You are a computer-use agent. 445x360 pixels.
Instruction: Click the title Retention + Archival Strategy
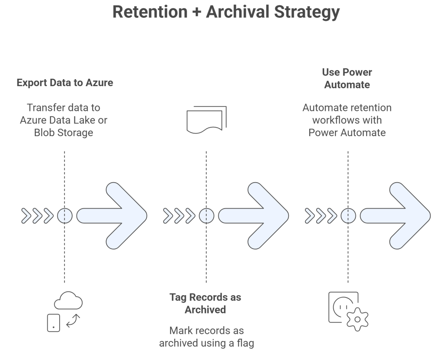(226, 12)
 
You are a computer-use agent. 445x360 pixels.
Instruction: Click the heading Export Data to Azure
(65, 83)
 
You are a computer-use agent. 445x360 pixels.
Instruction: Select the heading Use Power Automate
(347, 78)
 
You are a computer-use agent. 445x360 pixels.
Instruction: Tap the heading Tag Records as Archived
(205, 303)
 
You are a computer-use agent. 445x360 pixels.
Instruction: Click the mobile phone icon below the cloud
(53, 323)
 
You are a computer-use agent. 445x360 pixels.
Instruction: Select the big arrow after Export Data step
(112, 216)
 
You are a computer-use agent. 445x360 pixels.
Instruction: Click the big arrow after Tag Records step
(254, 216)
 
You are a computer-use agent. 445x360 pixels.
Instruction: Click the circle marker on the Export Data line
(65, 216)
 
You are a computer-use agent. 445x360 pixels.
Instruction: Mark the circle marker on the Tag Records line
(207, 216)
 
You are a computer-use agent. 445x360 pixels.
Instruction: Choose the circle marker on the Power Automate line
(348, 216)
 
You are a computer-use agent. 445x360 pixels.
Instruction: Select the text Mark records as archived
(206, 337)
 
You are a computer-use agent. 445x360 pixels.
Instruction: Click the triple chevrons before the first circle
(37, 216)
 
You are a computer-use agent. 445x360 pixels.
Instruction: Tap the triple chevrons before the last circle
(321, 216)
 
